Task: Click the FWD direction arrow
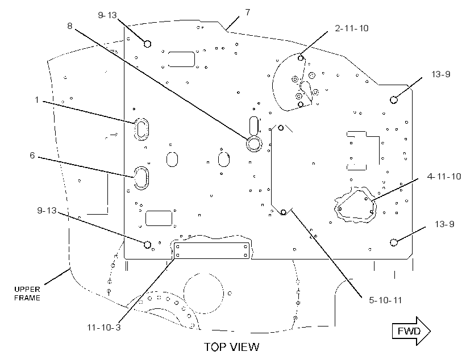[x=411, y=331]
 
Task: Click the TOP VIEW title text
[x=231, y=347]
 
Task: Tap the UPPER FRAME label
[x=27, y=294]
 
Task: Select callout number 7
[x=248, y=12]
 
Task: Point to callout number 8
[x=69, y=26]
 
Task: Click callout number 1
[x=37, y=99]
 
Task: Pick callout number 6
[x=32, y=155]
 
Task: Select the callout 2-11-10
[x=352, y=28]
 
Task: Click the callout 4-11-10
[x=444, y=177]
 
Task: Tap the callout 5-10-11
[x=385, y=300]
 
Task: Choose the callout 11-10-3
[x=104, y=327]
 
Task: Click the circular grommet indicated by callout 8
[x=254, y=144]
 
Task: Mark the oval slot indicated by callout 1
[x=141, y=129]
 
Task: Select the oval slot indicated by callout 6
[x=141, y=178]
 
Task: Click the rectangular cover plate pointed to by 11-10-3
[x=211, y=250]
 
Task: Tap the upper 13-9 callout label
[x=441, y=74]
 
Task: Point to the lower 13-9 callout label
[x=444, y=224]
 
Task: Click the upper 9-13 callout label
[x=107, y=15]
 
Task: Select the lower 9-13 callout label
[x=47, y=210]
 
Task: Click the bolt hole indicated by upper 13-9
[x=394, y=99]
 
